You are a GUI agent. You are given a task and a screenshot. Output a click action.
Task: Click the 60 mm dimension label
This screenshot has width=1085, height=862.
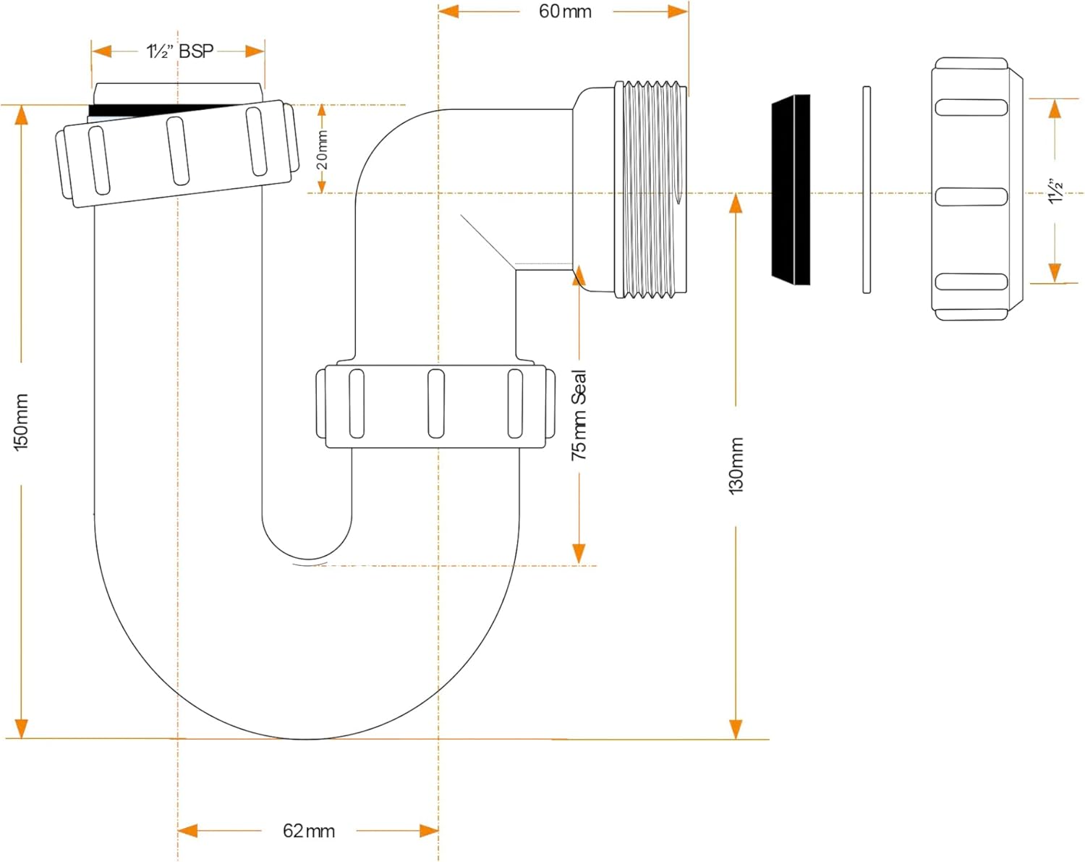(x=565, y=12)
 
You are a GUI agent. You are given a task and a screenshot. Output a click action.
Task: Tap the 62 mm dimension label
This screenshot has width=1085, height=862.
(x=309, y=831)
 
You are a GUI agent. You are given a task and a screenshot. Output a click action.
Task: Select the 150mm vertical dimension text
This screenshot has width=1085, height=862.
(x=21, y=423)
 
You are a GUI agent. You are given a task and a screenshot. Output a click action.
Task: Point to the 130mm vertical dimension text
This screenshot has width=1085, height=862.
(x=736, y=466)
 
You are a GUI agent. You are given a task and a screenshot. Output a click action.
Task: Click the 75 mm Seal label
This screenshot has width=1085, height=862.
(x=579, y=415)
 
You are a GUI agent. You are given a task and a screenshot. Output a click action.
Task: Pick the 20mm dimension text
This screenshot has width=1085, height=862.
(x=322, y=150)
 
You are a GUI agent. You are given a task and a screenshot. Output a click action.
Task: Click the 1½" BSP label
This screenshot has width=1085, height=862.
(x=180, y=51)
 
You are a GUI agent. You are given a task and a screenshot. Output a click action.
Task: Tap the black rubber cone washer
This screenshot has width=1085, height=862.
(x=791, y=190)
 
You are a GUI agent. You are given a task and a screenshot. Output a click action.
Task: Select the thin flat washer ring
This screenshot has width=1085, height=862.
(x=866, y=190)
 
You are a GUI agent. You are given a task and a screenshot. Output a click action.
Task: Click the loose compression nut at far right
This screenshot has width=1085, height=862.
(x=977, y=189)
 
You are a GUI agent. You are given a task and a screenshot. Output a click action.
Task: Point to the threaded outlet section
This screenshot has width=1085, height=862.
(x=650, y=189)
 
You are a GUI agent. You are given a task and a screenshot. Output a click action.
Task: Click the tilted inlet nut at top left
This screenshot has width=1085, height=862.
(x=177, y=153)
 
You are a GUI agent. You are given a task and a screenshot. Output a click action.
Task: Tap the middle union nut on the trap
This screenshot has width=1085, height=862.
(x=435, y=406)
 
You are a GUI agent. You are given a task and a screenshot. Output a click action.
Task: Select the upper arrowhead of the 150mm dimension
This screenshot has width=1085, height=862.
(x=21, y=116)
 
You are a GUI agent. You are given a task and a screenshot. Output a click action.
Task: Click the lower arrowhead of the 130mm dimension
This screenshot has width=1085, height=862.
(x=736, y=729)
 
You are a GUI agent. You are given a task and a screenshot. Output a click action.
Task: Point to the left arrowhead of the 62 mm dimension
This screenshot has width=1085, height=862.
(x=187, y=831)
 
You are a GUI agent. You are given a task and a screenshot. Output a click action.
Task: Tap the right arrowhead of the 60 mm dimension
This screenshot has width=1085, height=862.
(x=678, y=11)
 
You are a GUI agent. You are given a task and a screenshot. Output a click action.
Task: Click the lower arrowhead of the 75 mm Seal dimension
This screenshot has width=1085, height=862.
(x=579, y=554)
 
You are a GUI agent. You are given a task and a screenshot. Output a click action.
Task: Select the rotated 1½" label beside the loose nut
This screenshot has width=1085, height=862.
(x=1055, y=190)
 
